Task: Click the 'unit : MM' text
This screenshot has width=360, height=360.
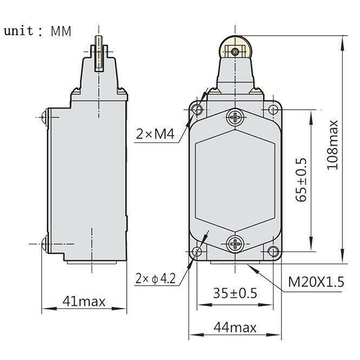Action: [x=37, y=30]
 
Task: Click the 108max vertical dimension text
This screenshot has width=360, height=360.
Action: [x=332, y=145]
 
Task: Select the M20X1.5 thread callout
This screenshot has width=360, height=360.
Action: [x=316, y=282]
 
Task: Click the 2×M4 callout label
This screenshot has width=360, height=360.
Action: [x=155, y=134]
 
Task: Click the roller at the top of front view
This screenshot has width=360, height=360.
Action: [x=235, y=51]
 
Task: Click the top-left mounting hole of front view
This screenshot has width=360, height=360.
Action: [x=197, y=110]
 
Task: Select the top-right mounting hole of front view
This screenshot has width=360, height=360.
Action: [x=273, y=110]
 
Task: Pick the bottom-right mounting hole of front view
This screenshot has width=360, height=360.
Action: [x=273, y=251]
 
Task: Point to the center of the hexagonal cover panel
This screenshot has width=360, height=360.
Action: [x=235, y=180]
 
